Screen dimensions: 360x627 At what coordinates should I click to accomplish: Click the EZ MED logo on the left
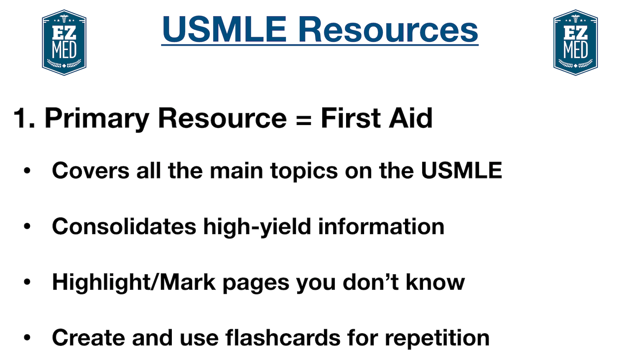click(x=64, y=43)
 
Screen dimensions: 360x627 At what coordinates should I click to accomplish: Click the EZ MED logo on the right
click(x=576, y=43)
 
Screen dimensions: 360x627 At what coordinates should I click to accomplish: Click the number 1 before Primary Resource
click(x=21, y=118)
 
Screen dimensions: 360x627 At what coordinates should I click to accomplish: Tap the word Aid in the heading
click(x=411, y=118)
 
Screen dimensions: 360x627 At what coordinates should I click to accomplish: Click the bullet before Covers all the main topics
click(x=28, y=171)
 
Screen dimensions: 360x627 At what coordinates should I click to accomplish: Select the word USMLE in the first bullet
click(x=461, y=171)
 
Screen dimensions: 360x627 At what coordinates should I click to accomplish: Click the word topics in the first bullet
click(x=304, y=171)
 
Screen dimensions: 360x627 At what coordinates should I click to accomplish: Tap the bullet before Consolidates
click(x=28, y=227)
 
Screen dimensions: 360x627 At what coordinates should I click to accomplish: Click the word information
click(x=381, y=227)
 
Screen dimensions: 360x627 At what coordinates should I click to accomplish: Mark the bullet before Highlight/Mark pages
click(x=28, y=282)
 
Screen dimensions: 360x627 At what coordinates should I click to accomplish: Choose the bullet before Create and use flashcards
click(x=28, y=338)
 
